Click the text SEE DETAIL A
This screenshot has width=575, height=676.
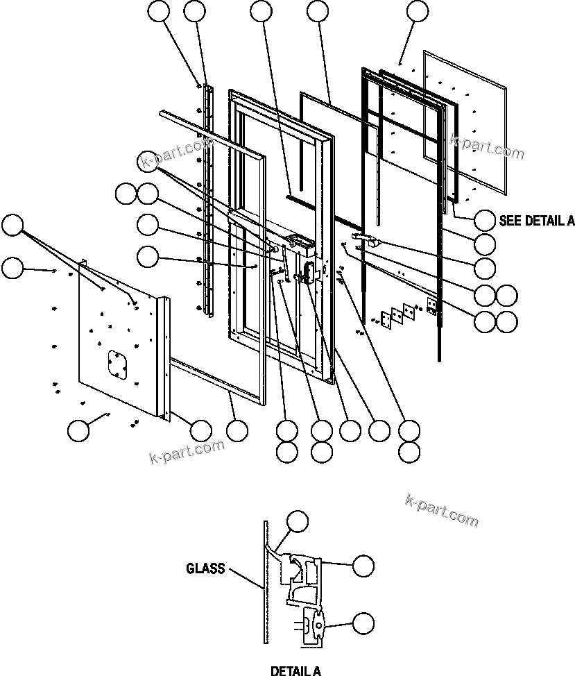point(536,221)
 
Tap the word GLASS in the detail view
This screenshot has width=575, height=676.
point(205,568)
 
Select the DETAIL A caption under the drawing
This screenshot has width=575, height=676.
point(295,670)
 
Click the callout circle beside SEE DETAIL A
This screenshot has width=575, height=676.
point(485,221)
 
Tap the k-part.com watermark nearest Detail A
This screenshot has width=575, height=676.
point(440,510)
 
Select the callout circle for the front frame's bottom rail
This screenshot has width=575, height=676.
point(237,430)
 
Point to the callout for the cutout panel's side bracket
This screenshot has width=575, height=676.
point(200,430)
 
